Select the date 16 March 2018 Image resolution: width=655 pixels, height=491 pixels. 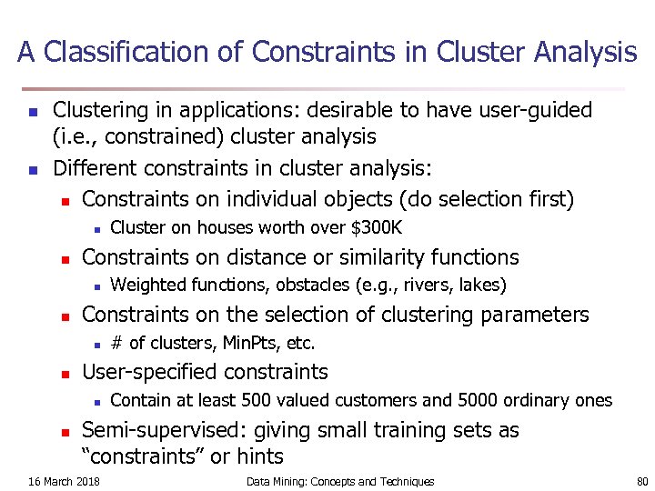(65, 481)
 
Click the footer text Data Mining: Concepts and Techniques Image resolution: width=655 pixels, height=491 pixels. (340, 481)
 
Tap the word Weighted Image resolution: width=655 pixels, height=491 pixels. (143, 285)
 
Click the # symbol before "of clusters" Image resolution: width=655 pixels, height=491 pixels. (116, 343)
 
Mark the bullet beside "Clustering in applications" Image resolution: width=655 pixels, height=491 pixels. (32, 113)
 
